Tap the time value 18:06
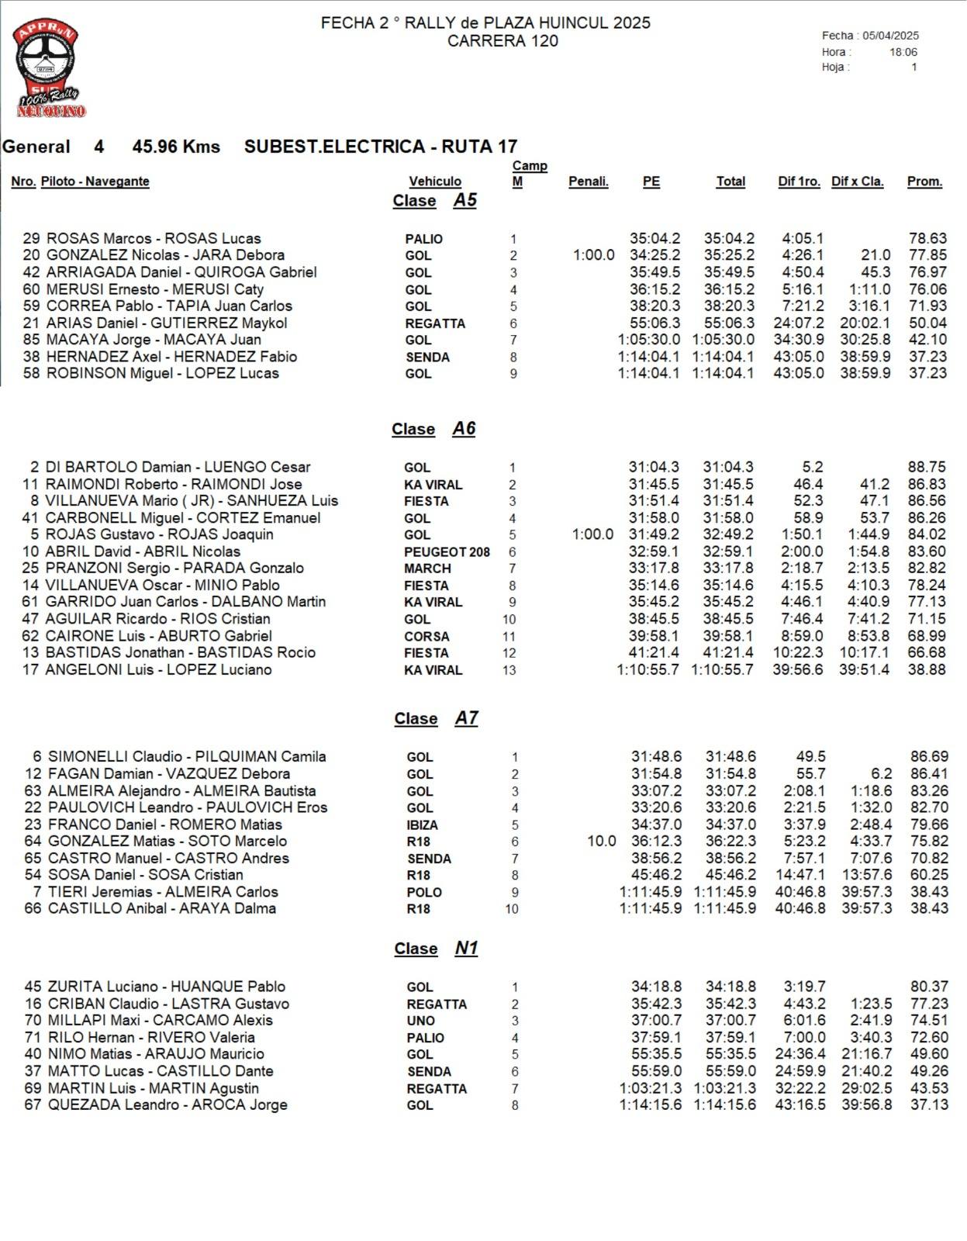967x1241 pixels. (x=903, y=52)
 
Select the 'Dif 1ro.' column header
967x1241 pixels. (x=799, y=181)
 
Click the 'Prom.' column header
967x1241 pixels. (x=924, y=181)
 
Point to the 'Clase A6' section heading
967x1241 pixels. (x=433, y=429)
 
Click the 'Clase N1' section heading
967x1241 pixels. (x=436, y=949)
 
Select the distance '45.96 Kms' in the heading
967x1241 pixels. (x=176, y=147)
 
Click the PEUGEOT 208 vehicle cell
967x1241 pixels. (x=447, y=551)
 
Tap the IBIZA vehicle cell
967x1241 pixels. (x=423, y=824)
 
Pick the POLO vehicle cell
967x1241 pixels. (x=424, y=892)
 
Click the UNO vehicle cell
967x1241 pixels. (x=420, y=1021)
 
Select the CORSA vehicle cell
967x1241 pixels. (x=427, y=636)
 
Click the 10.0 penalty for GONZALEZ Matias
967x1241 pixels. (x=602, y=842)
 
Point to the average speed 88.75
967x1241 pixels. (x=927, y=467)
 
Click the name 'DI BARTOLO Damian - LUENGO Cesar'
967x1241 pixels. (x=178, y=467)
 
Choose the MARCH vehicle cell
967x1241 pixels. (x=427, y=569)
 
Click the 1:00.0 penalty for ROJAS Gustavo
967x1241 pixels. (x=592, y=534)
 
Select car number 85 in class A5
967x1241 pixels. (x=31, y=340)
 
